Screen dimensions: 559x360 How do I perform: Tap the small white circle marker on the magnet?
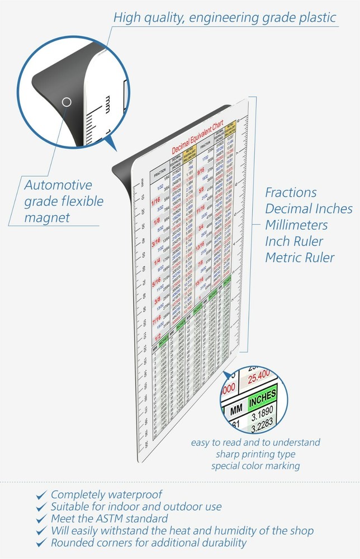[x=67, y=102]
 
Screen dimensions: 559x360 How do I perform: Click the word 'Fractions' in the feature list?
[x=291, y=193]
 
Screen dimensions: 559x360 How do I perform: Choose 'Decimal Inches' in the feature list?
[x=309, y=209]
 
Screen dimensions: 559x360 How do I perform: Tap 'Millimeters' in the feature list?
[x=296, y=225]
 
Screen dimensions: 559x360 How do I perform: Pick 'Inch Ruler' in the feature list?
[x=294, y=241]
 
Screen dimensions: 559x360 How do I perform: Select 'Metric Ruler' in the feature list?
[x=300, y=258]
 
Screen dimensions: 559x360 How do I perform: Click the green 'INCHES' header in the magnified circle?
[x=263, y=401]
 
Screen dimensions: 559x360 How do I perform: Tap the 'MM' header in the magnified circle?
[x=235, y=410]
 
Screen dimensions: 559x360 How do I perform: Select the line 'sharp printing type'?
[x=255, y=454]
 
